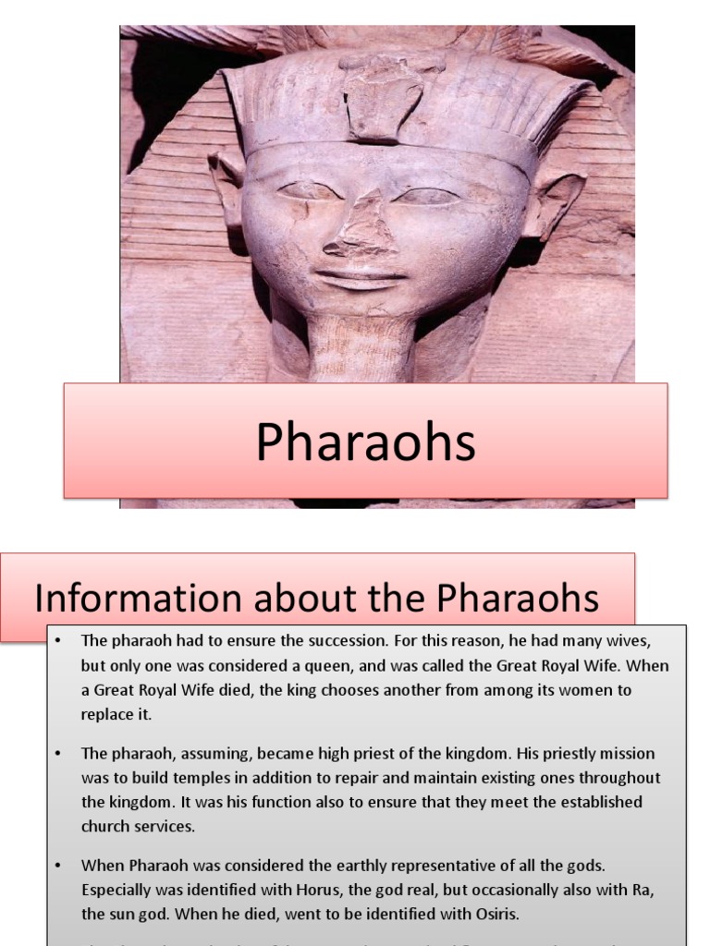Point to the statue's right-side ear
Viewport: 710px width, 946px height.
(x=553, y=199)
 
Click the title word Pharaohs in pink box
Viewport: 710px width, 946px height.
(x=365, y=442)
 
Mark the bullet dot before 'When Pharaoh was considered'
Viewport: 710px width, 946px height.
(x=57, y=867)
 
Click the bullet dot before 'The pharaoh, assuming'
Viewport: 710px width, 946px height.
(x=57, y=754)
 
